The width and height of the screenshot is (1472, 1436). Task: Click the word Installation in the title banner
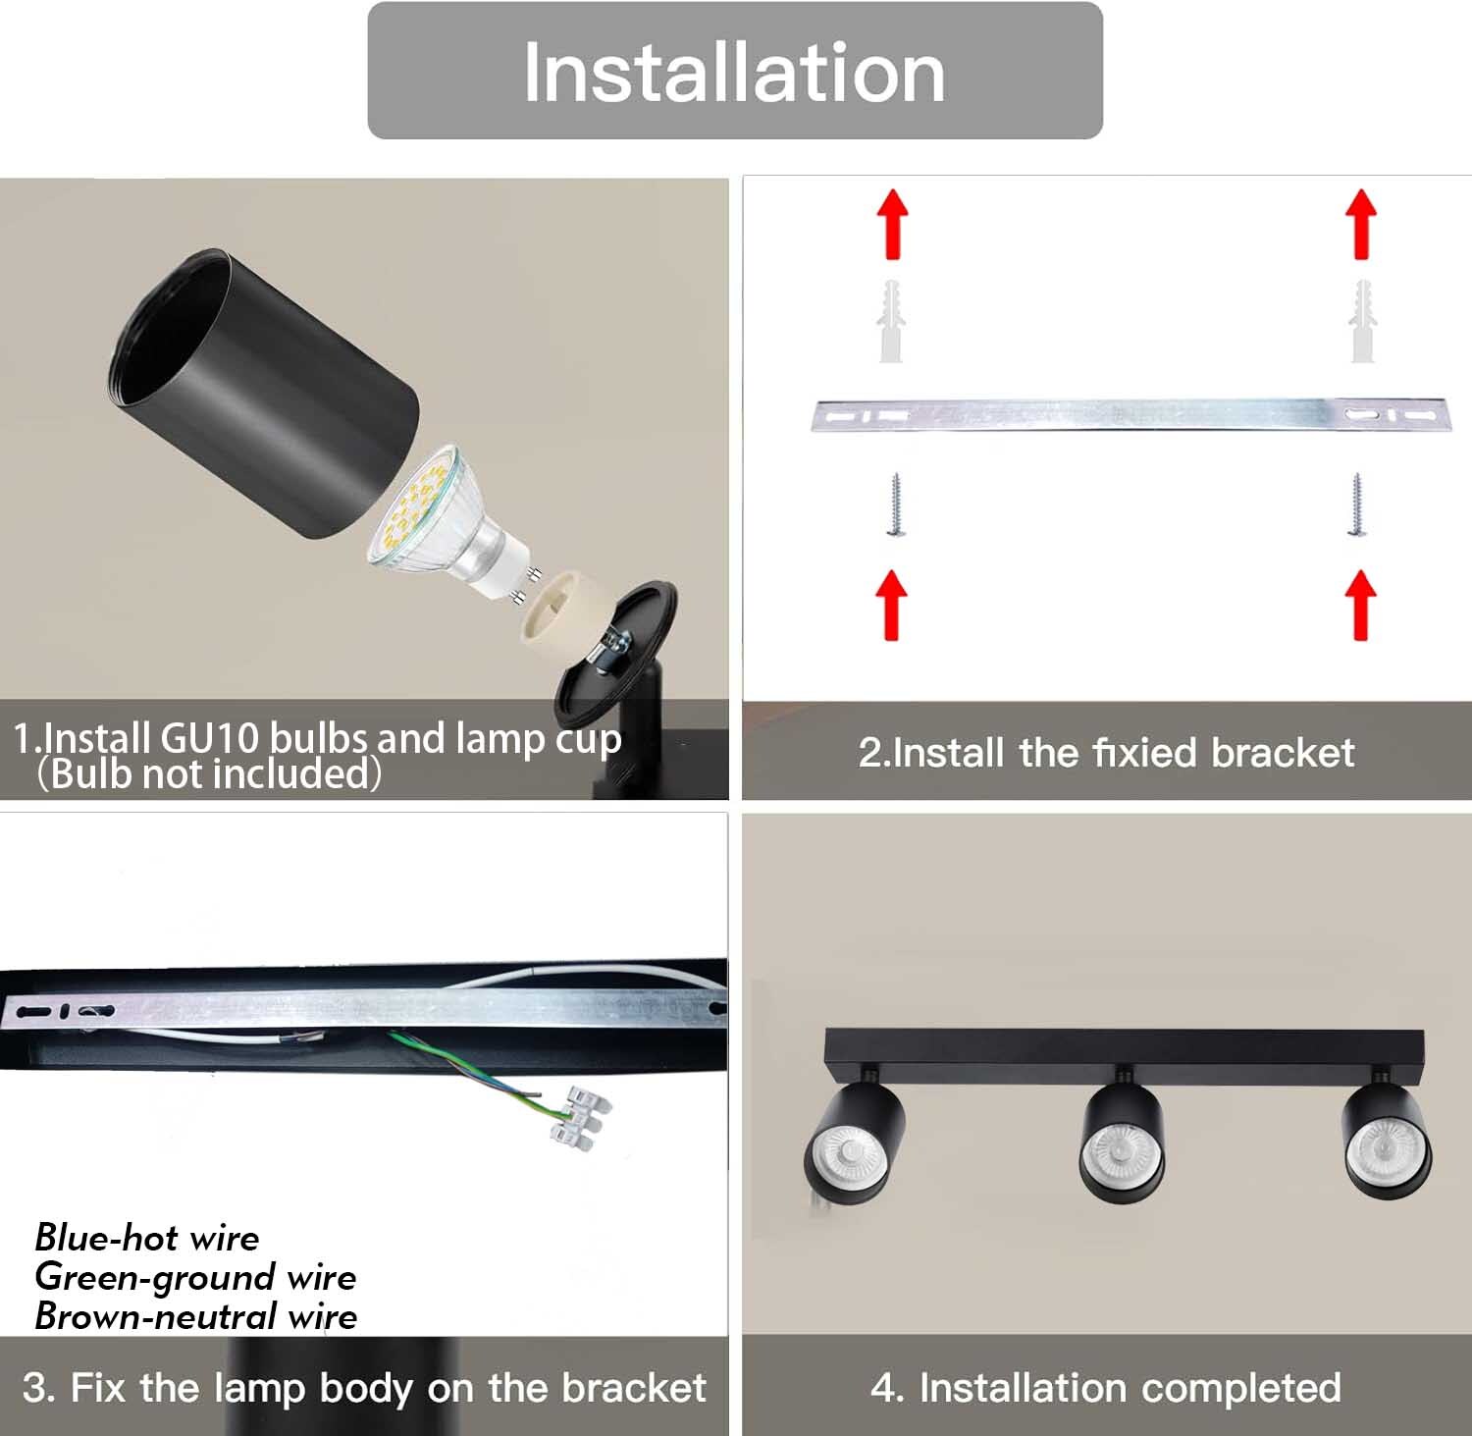coord(734,72)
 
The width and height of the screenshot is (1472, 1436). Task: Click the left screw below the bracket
coord(894,505)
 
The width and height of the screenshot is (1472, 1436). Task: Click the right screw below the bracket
coord(1357,505)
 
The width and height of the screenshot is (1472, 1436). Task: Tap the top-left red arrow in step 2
coord(892,224)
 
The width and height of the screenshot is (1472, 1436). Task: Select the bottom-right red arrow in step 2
coord(1360,605)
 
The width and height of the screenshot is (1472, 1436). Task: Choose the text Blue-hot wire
coord(147,1238)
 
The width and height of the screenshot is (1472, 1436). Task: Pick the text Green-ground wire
coord(195,1277)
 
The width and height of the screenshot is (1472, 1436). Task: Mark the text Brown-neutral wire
coord(196,1316)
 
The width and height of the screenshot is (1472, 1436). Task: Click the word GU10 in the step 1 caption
coord(211,738)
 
